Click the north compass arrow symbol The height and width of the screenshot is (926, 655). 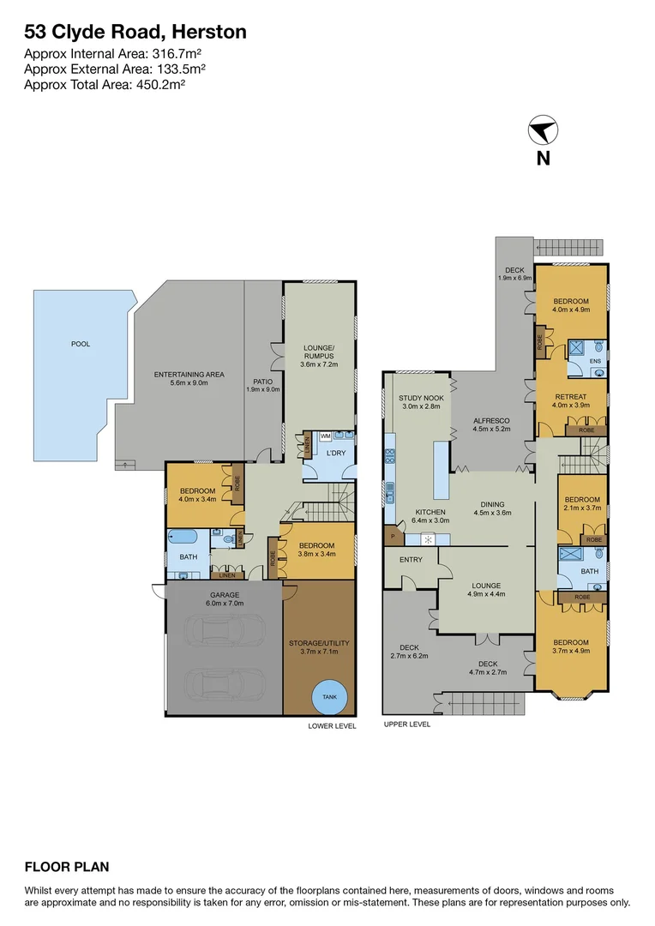click(x=542, y=131)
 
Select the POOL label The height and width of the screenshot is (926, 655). click(x=81, y=344)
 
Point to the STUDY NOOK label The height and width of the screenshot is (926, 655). click(x=420, y=398)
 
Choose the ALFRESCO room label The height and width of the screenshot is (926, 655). click(x=492, y=421)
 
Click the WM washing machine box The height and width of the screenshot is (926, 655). click(x=325, y=436)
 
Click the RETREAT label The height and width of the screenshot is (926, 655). click(x=571, y=397)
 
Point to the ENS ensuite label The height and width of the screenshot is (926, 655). click(x=595, y=362)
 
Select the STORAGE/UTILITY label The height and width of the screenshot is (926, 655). click(x=318, y=642)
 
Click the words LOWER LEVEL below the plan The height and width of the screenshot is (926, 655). click(x=331, y=725)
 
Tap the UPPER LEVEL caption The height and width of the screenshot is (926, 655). click(x=407, y=725)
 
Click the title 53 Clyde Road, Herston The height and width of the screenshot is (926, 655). click(x=135, y=33)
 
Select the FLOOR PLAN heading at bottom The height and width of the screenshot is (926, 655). click(x=67, y=867)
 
